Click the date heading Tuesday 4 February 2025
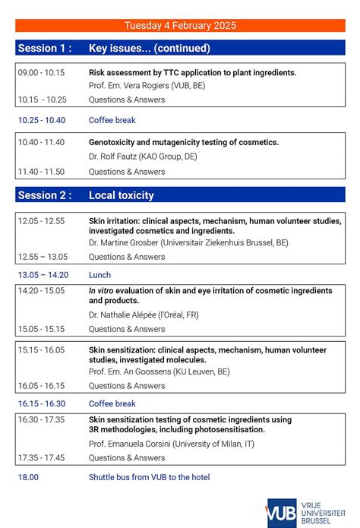pyautogui.click(x=180, y=25)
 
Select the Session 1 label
pyautogui.click(x=45, y=48)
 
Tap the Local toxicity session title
pyautogui.click(x=121, y=195)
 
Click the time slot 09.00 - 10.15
pyautogui.click(x=41, y=73)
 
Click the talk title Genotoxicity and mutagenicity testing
pyautogui.click(x=183, y=142)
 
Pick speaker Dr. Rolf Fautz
pyautogui.click(x=142, y=156)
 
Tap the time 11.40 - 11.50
pyautogui.click(x=41, y=172)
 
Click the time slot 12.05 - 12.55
pyautogui.click(x=41, y=221)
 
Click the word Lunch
pyautogui.click(x=99, y=275)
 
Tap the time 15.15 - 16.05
pyautogui.click(x=41, y=350)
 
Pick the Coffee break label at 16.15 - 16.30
pyautogui.click(x=112, y=404)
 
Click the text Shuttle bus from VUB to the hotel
pyautogui.click(x=149, y=477)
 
